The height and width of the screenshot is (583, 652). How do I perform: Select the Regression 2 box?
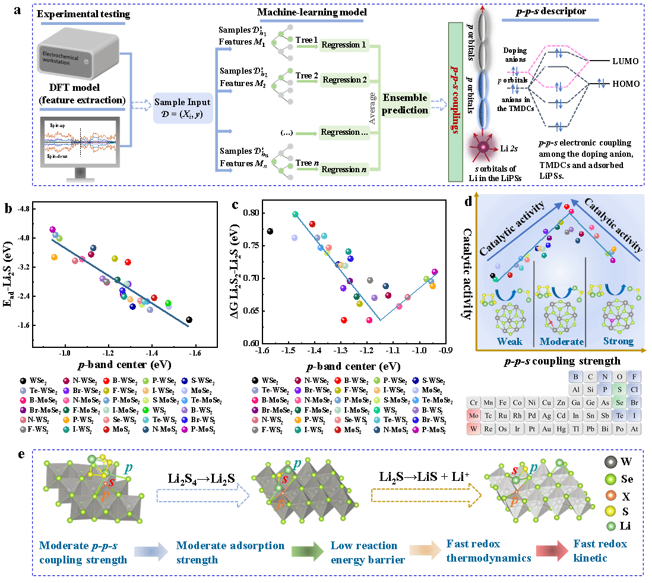pyautogui.click(x=345, y=80)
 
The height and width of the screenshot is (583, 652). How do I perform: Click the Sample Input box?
pyautogui.click(x=182, y=107)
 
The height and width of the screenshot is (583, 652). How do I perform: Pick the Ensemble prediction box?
pyautogui.click(x=406, y=104)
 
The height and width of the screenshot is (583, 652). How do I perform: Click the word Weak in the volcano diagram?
pyautogui.click(x=509, y=342)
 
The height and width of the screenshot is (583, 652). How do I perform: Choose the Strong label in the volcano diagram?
pyautogui.click(x=618, y=341)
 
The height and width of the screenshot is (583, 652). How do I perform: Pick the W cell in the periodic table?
pyautogui.click(x=473, y=428)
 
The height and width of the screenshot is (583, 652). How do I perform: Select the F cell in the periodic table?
pyautogui.click(x=634, y=376)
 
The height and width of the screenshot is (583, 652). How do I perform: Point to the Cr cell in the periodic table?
pyautogui.click(x=473, y=402)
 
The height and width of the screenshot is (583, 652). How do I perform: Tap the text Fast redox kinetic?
pyautogui.click(x=600, y=551)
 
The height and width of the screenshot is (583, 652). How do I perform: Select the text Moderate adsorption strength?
pyautogui.click(x=230, y=553)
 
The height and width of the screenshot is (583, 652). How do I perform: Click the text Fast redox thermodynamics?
pyautogui.click(x=488, y=551)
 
